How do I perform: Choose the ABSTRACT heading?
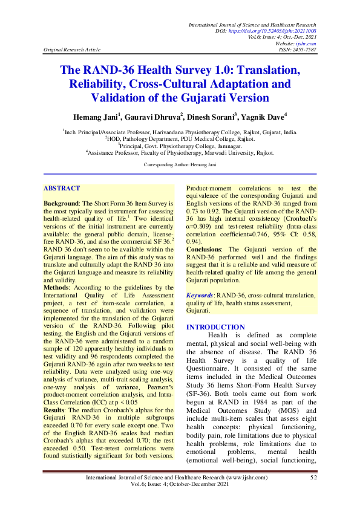point(62,172)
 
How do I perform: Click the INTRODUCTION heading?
point(215,327)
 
